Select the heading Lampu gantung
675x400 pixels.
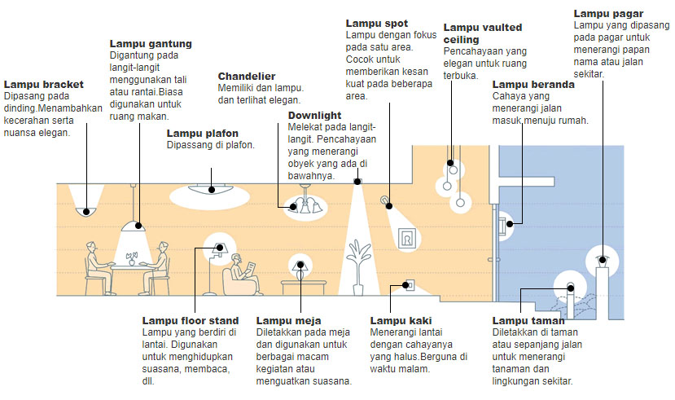pos(151,43)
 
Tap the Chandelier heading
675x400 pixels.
pos(246,76)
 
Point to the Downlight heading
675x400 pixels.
pos(314,116)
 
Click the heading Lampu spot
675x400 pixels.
pos(377,24)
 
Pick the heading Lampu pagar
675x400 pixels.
pos(608,13)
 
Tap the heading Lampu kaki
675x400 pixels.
pos(399,320)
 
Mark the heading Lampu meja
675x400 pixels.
pos(288,320)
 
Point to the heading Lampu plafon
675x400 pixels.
pos(201,133)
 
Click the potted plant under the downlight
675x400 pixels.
pos(357,272)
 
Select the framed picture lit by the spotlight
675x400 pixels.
pos(405,238)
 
